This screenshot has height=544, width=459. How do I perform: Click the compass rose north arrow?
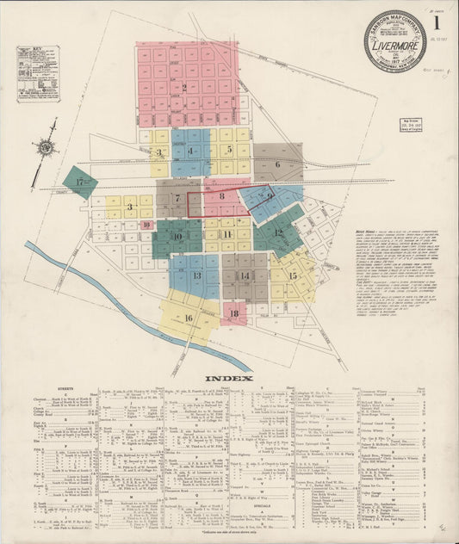point(46,147)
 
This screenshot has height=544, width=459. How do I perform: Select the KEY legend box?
point(38,74)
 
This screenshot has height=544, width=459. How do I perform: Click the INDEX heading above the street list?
point(228,378)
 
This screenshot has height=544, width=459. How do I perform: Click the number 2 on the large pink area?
point(183,87)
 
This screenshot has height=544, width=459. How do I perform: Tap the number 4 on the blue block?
point(190,151)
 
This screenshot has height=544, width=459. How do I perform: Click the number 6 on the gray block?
point(277,164)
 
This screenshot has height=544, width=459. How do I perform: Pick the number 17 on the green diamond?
point(80,182)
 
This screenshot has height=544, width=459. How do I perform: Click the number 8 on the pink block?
point(222,197)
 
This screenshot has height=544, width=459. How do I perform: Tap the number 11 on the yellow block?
point(227,234)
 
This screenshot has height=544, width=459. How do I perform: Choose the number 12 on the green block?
point(278,232)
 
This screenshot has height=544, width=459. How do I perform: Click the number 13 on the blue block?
point(197,275)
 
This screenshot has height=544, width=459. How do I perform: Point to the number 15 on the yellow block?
point(293,275)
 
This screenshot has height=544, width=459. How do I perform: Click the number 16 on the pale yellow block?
point(188,318)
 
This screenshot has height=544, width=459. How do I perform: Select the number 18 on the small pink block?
point(233,313)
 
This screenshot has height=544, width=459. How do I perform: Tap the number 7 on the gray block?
point(177,199)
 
